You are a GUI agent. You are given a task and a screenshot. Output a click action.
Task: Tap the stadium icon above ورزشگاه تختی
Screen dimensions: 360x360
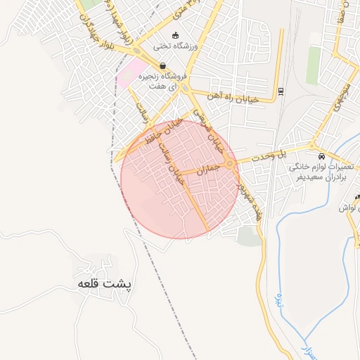pos(175,36)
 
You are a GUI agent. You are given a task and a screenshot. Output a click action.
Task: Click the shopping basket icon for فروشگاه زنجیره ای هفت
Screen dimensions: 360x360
pos(162,65)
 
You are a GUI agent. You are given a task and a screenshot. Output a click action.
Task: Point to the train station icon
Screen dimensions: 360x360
pos(281,90)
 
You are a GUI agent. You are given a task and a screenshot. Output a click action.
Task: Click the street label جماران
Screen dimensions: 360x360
pos(209,169)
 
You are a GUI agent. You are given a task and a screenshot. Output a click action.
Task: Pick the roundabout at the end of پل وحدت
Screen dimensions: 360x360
pos(231,165)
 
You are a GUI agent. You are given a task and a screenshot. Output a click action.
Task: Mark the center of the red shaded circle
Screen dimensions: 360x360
pos(180,179)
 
